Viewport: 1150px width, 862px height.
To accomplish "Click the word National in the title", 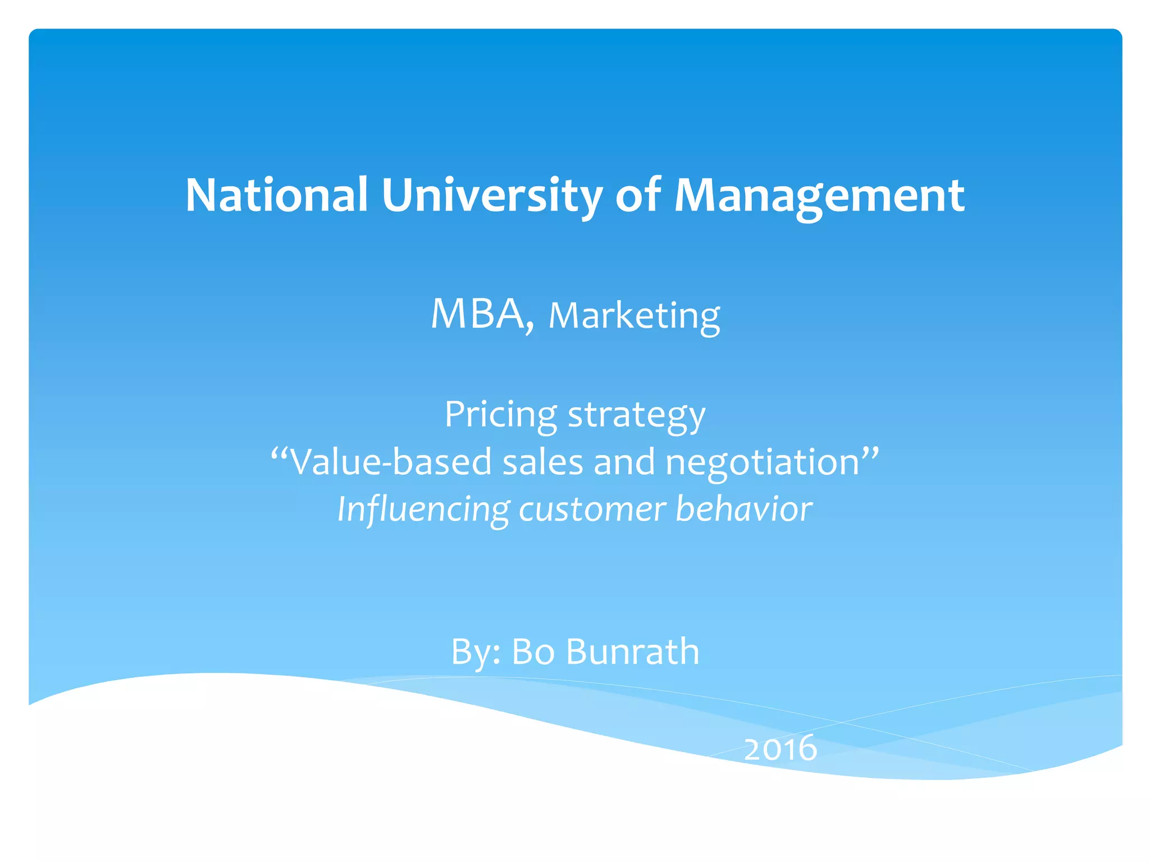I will (276, 195).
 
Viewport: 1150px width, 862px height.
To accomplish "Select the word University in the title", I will (492, 195).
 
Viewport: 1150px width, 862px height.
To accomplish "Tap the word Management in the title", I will (819, 195).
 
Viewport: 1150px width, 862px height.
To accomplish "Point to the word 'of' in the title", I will (638, 195).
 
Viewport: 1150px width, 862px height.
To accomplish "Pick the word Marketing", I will (634, 316).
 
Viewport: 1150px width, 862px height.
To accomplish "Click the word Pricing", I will (501, 415).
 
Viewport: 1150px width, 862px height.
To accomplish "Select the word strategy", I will (637, 415).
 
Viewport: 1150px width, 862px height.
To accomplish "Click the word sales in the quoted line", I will (542, 462).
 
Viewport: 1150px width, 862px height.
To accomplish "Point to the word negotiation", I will (763, 462).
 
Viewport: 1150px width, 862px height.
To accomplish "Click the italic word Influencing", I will (423, 510).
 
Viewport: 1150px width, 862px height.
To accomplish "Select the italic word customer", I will (592, 510).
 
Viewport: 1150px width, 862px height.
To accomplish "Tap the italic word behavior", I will (743, 508).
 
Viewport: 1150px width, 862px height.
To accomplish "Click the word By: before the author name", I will (476, 652).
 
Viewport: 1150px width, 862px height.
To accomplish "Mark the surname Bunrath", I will (632, 652).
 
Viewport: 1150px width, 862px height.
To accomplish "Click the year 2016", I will (780, 749).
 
